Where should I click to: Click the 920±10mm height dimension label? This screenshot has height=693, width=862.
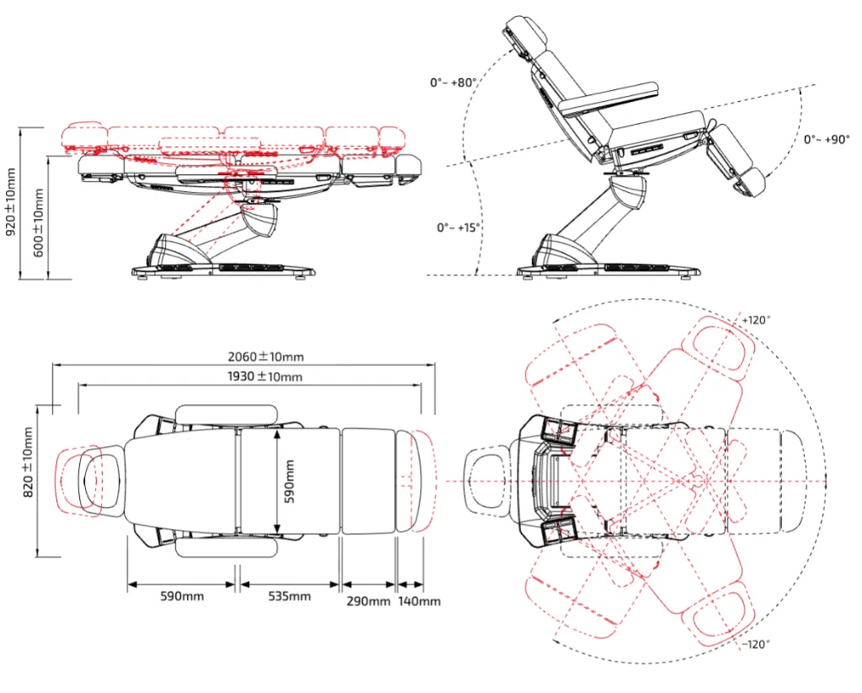coord(11,203)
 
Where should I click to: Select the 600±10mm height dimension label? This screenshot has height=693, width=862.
coord(39,222)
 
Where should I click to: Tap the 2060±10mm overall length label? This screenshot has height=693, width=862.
coord(265,357)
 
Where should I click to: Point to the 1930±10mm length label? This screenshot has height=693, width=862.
coord(265,376)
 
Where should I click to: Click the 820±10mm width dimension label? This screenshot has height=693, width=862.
coord(28,462)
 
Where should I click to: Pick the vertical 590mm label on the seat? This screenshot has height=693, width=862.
coord(290,482)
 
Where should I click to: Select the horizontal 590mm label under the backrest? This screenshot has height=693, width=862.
coord(182,596)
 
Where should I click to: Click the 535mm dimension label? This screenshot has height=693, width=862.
coord(290,596)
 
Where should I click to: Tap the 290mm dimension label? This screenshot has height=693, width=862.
coord(369,601)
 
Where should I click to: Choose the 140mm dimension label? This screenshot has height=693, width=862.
coord(419,601)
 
